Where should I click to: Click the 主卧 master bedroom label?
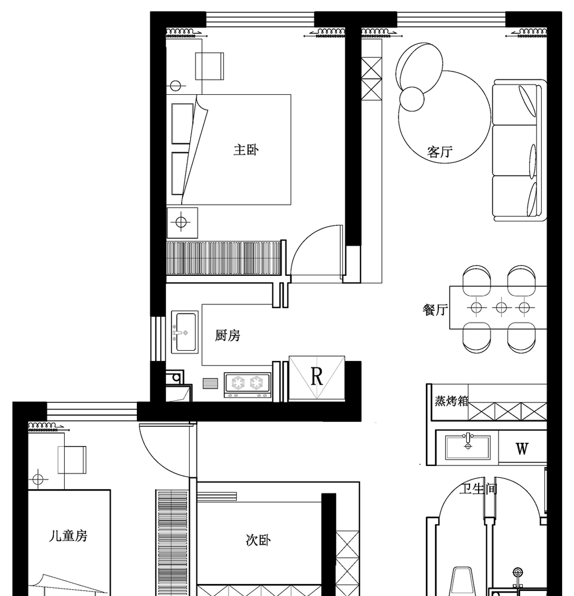pos(246,150)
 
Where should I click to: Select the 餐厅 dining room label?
pos(435,310)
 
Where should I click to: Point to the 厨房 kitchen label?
pos(228,336)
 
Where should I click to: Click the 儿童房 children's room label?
pos(68,535)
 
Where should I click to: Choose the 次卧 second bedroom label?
pos(258,540)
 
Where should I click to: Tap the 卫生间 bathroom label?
pos(479,489)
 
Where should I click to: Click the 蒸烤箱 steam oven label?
pos(451,401)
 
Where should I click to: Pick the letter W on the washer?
pos(522,449)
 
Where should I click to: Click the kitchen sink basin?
pos(185,332)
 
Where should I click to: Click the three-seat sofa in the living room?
pos(517,150)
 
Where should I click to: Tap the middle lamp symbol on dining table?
pos(500,308)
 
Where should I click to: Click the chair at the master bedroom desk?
pos(210,66)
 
